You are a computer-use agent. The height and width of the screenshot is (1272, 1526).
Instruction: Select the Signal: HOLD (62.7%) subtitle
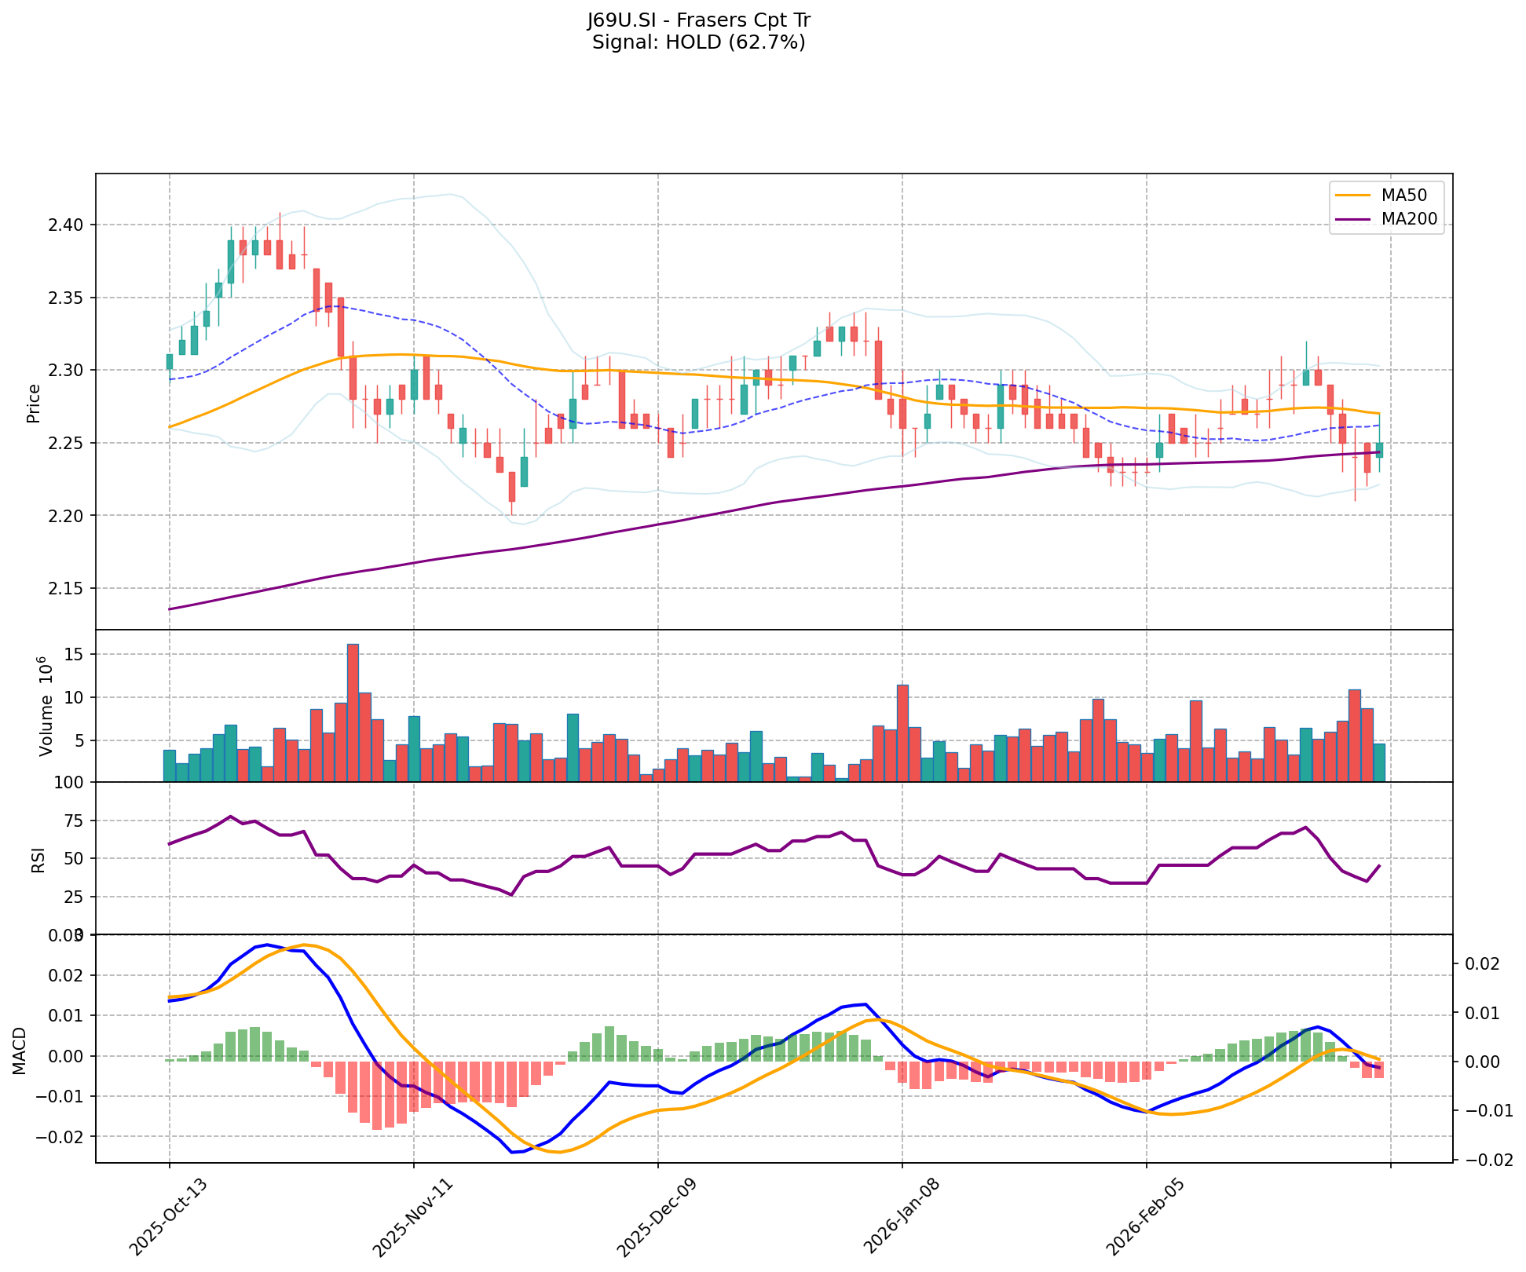click(698, 42)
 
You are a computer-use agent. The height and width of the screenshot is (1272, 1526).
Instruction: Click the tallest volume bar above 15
click(353, 712)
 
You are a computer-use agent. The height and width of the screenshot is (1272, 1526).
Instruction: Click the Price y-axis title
click(34, 404)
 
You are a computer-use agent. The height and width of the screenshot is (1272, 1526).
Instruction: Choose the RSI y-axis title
click(37, 860)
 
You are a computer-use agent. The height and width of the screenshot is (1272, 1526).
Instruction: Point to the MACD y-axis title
click(19, 1051)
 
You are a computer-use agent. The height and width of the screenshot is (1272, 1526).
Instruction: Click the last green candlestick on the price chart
click(1379, 450)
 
